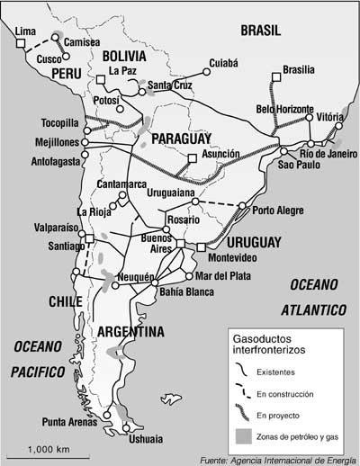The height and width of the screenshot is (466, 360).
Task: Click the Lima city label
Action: point(28,32)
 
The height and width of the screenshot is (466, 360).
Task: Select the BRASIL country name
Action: point(261,31)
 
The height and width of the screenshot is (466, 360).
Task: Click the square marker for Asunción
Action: point(191,161)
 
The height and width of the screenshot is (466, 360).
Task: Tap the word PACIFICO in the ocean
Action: point(36,370)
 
